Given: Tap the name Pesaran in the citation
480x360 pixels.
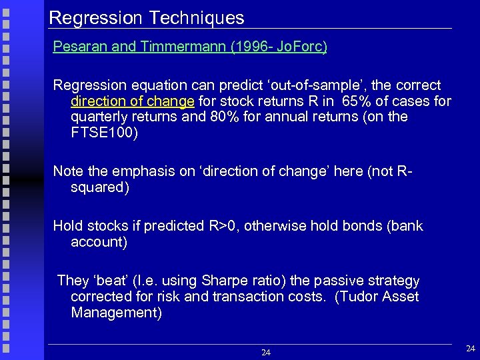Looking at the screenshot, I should coord(79,47).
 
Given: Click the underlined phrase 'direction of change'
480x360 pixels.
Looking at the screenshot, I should coord(132,101).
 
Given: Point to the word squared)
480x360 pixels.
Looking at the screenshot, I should coord(100,187).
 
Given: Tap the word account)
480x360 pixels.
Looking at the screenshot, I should coord(99,242).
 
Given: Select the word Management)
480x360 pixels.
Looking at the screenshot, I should coord(116,313).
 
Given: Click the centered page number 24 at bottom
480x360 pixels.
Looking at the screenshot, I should coord(265,352).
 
